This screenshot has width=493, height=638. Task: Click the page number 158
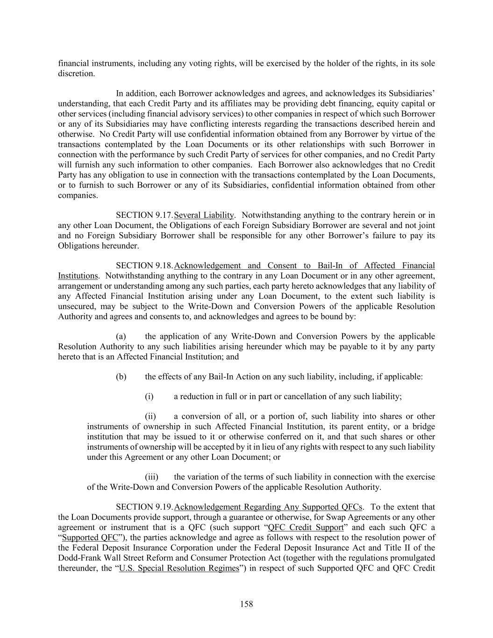(x=246, y=604)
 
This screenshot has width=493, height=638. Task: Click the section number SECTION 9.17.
(x=144, y=215)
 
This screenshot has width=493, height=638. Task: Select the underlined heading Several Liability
(x=203, y=215)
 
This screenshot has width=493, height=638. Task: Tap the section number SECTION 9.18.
(x=144, y=265)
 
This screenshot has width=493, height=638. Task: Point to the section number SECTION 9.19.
(x=144, y=507)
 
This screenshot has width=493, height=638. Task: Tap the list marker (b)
(x=121, y=376)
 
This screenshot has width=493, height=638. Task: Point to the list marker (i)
(x=149, y=396)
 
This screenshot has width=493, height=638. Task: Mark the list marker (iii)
(x=151, y=477)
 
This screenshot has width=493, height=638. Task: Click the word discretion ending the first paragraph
(x=76, y=73)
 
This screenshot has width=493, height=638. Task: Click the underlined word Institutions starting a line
(x=78, y=276)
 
